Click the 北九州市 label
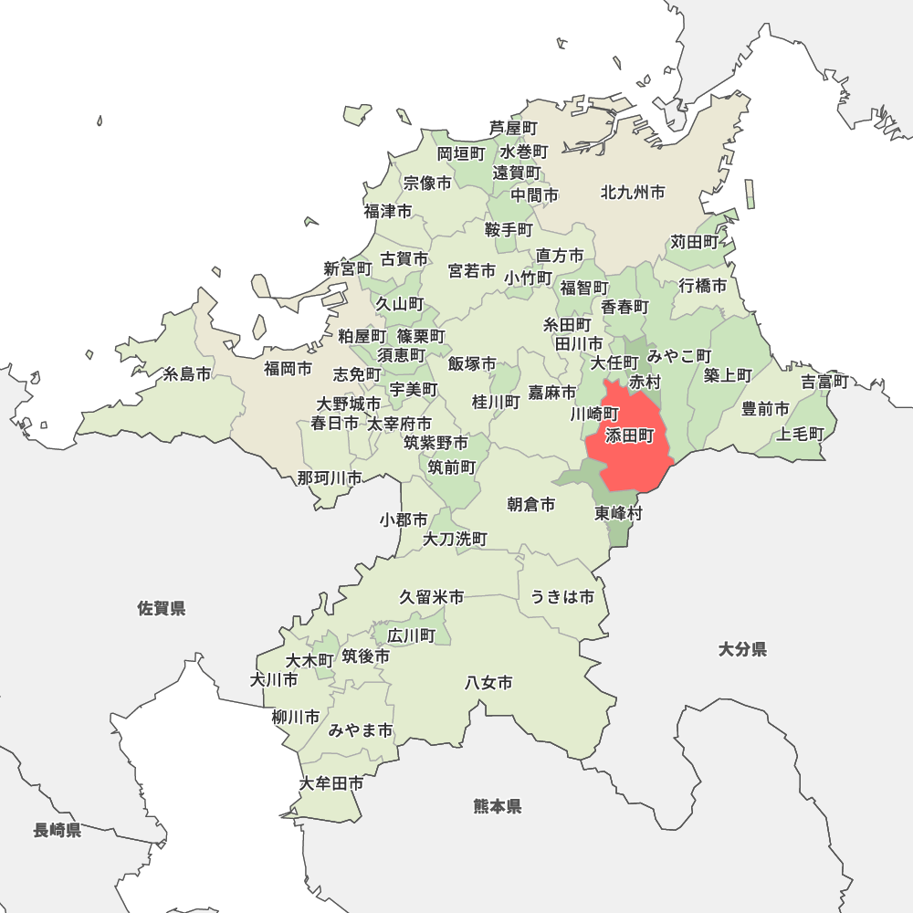pyautogui.click(x=633, y=193)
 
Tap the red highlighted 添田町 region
pyautogui.click(x=630, y=447)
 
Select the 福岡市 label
pyautogui.click(x=288, y=369)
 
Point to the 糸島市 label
pyautogui.click(x=187, y=374)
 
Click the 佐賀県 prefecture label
pyautogui.click(x=162, y=608)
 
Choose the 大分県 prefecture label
pyautogui.click(x=742, y=650)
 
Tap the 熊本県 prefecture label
pyautogui.click(x=498, y=806)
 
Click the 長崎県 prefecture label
pyautogui.click(x=58, y=831)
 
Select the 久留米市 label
pyautogui.click(x=432, y=597)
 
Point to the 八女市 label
pyautogui.click(x=488, y=682)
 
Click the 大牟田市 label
pyautogui.click(x=331, y=783)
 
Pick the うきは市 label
pyautogui.click(x=562, y=597)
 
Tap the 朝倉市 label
pyautogui.click(x=531, y=504)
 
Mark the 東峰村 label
pyautogui.click(x=619, y=513)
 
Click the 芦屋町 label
pyautogui.click(x=513, y=128)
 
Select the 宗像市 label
pyautogui.click(x=427, y=184)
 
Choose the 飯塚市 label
pyautogui.click(x=472, y=364)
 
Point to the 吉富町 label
pyautogui.click(x=825, y=382)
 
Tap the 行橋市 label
pyautogui.click(x=703, y=286)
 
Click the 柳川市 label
pyautogui.click(x=296, y=718)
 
